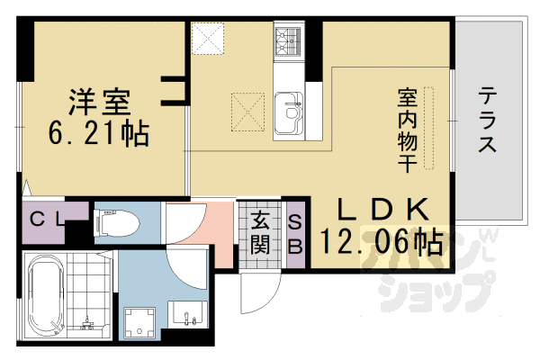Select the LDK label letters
(381, 208)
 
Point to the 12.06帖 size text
(379, 240)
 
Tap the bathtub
(42, 295)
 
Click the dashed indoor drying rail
(429, 126)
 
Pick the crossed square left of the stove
(212, 40)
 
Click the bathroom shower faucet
(88, 318)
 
